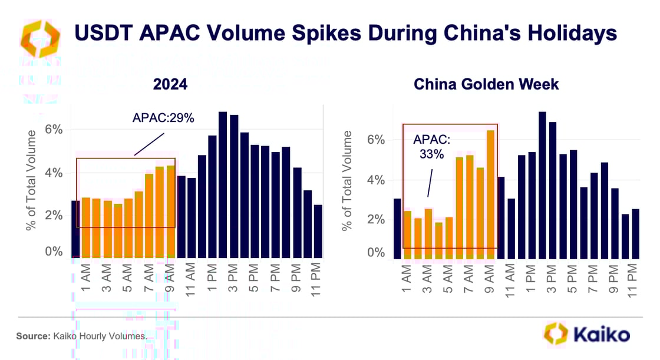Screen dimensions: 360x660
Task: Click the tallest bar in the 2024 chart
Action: coord(223,184)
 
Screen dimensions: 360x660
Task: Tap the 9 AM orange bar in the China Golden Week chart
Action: coord(490,194)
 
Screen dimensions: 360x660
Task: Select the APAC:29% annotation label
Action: coord(163,118)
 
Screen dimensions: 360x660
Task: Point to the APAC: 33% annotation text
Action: coord(431,147)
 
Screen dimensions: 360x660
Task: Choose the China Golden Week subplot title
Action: coord(486,84)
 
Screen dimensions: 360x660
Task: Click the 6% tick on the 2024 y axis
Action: coord(53,129)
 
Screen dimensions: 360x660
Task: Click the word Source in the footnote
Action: coord(31,336)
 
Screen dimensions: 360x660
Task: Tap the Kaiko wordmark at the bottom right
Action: coord(601,334)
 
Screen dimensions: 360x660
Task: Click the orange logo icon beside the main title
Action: coord(39,37)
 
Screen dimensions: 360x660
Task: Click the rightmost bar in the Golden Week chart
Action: coord(635,233)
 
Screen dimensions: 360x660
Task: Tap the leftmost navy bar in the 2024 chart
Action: coord(75,229)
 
